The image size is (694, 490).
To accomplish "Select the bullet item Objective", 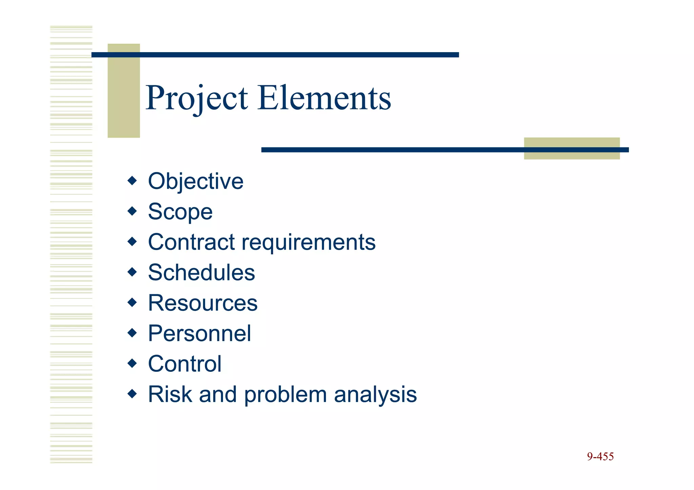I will [196, 181].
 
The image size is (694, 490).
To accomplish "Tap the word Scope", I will [180, 212].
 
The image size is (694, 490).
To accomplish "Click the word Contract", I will [191, 242].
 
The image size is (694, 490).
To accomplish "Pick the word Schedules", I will [201, 273].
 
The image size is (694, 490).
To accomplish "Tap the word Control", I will [185, 364].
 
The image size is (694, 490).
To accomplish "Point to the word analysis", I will [375, 395].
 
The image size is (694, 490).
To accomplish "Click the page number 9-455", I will [600, 456].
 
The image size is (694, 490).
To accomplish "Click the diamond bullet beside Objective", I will [132, 180].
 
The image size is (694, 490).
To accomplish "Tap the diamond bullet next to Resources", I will [132, 302].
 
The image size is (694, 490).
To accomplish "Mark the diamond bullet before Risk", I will [132, 393].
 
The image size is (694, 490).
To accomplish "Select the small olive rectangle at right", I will [572, 154].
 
